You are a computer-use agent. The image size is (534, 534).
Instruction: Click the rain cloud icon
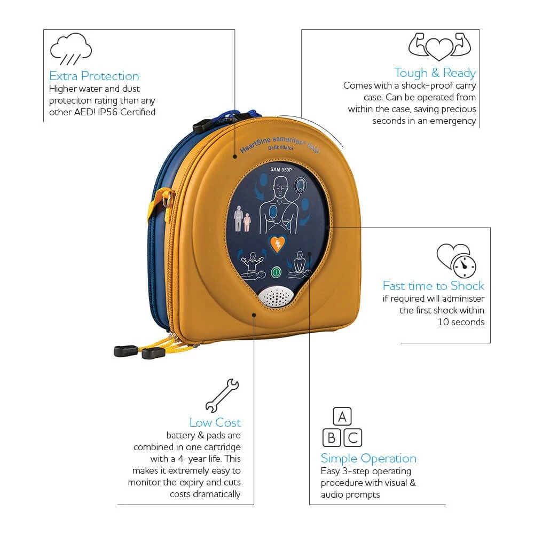70,50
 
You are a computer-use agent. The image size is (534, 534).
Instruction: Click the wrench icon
222,395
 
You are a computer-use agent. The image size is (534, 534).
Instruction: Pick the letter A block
342,417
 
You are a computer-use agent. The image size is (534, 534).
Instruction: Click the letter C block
352,438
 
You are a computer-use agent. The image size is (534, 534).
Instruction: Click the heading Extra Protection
94,76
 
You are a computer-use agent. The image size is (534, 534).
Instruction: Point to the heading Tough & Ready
435,73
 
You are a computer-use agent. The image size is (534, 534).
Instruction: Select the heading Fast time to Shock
433,286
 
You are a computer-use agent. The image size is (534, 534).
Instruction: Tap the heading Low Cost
215,422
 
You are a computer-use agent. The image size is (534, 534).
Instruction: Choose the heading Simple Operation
368,458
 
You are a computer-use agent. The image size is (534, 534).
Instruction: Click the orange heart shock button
277,244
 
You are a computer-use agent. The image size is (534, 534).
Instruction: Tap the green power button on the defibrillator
276,272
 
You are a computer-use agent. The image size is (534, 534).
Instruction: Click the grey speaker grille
276,295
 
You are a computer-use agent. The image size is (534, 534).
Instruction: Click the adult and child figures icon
242,219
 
